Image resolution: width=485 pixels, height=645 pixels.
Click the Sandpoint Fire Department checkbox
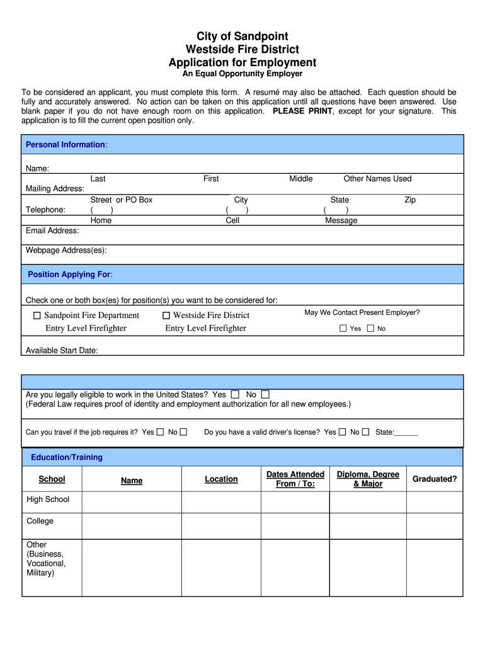37,315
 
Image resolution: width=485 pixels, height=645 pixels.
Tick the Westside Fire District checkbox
166,315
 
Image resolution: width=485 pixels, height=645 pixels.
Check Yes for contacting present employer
343,328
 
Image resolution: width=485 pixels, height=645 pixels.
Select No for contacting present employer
370,328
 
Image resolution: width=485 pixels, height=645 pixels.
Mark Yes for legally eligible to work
235,394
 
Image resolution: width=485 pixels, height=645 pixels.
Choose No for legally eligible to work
265,394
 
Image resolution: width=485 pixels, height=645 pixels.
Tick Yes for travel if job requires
160,432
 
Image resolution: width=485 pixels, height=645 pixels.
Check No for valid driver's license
367,432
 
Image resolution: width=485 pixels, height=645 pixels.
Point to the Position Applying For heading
70,275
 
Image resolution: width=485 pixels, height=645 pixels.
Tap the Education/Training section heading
67,457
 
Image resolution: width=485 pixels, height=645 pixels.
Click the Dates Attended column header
295,479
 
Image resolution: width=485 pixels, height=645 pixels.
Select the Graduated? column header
435,479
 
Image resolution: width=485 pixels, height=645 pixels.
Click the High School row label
48,499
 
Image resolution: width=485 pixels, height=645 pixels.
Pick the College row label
40,521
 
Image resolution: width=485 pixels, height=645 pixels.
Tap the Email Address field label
52,231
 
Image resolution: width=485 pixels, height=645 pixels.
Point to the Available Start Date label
62,350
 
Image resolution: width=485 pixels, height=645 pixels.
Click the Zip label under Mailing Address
410,200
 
